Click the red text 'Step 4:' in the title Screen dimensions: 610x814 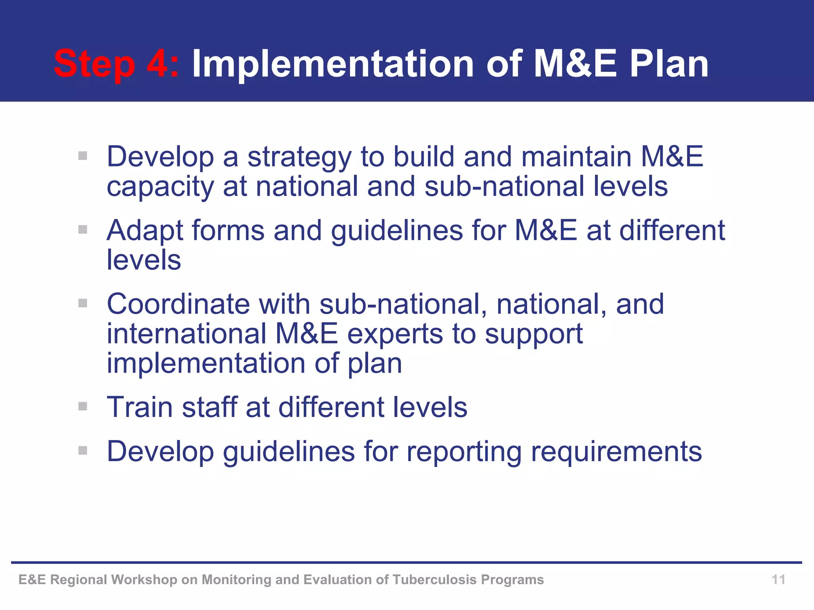(116, 64)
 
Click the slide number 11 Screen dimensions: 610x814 (778, 579)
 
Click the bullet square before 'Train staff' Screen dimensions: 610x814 (83, 406)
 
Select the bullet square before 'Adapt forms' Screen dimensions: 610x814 (83, 230)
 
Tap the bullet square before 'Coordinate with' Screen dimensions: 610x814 (83, 303)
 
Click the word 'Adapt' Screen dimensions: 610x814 (145, 231)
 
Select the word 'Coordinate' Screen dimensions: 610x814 (178, 304)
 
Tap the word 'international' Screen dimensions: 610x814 (186, 334)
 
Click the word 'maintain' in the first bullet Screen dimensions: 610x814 (576, 157)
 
